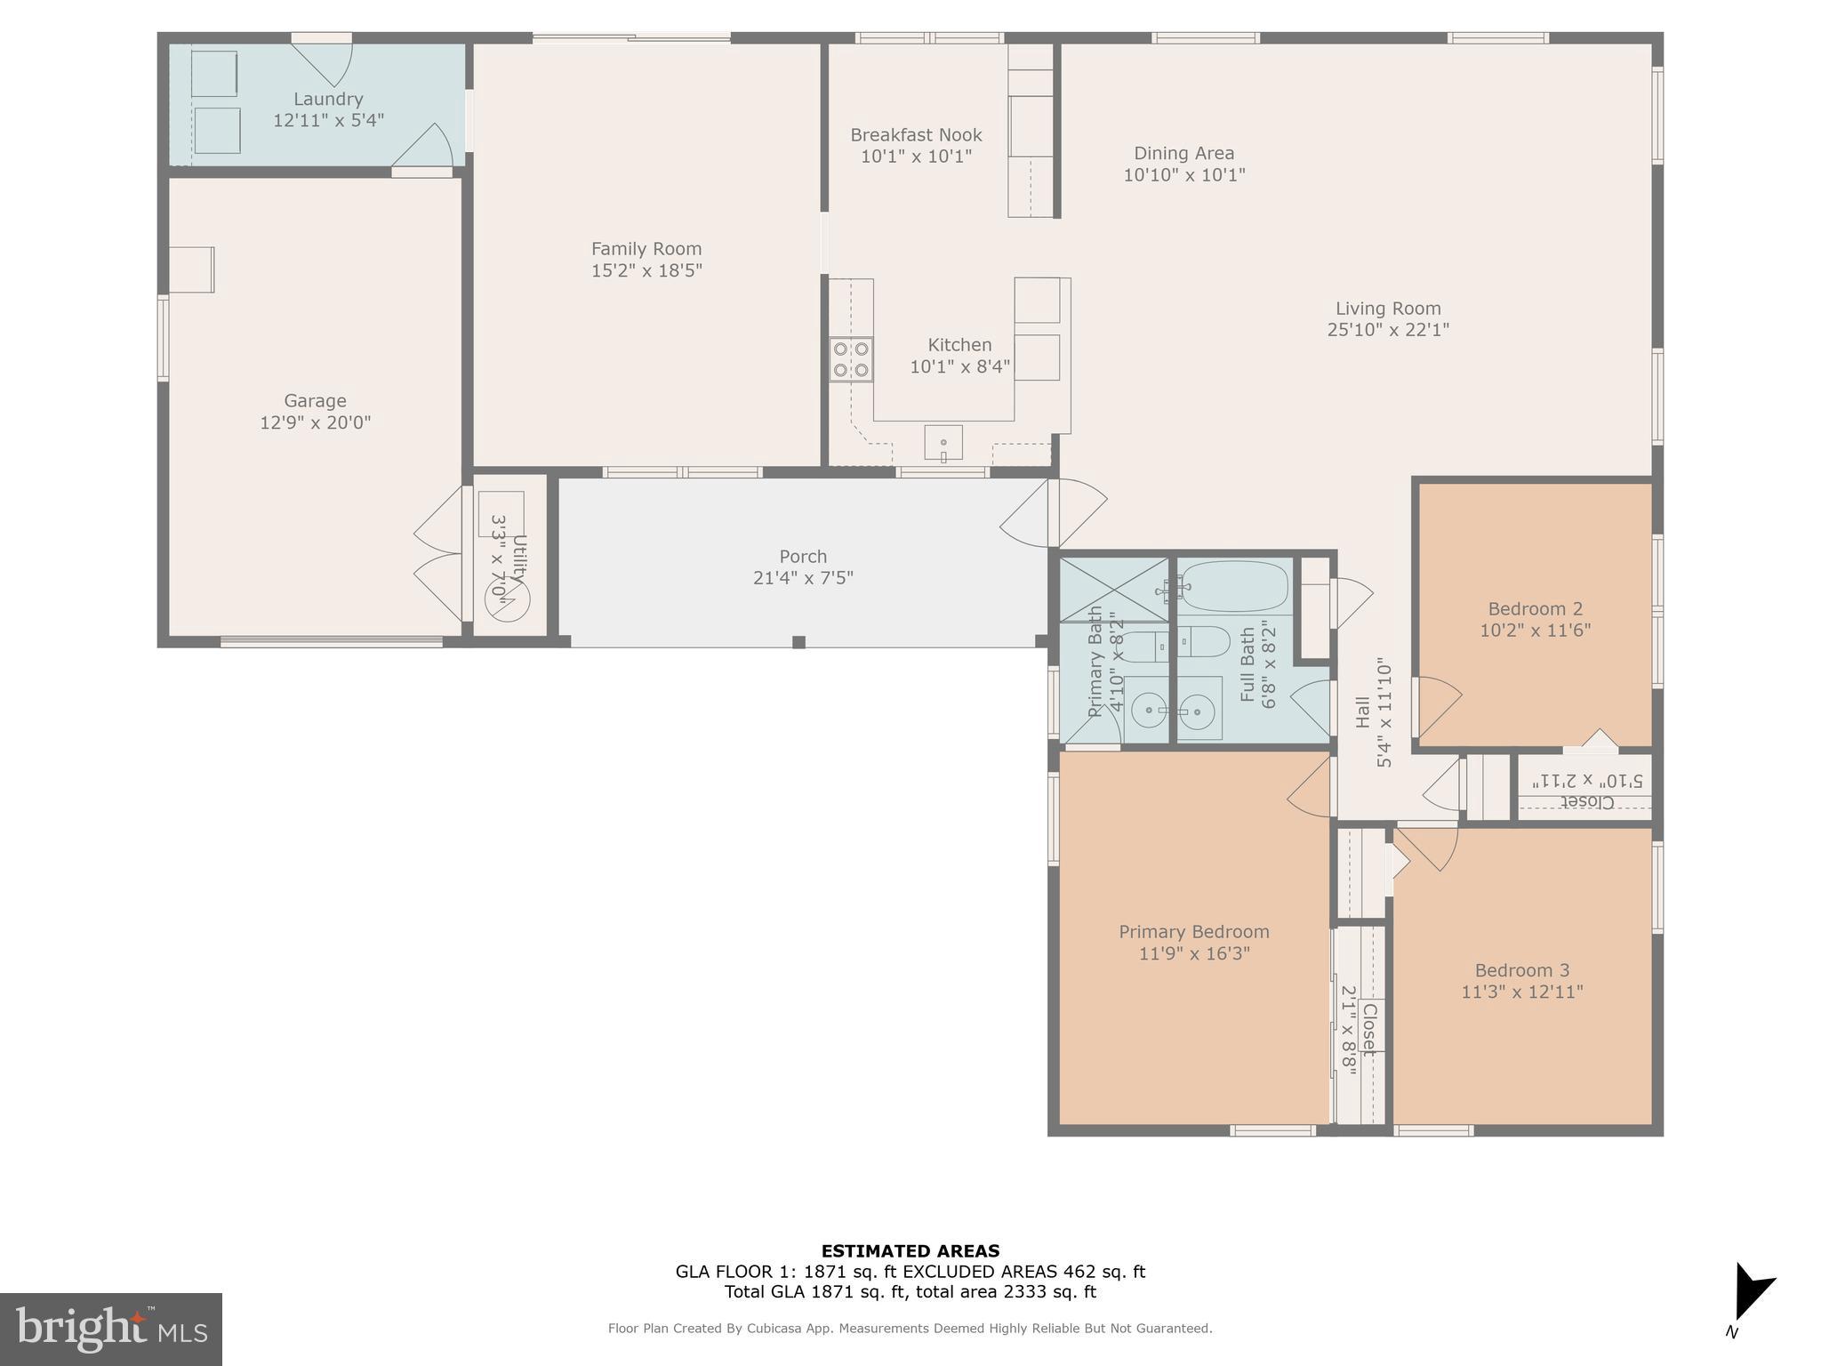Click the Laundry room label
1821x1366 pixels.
(328, 100)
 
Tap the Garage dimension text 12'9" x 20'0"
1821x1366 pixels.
(315, 422)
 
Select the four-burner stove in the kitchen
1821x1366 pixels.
(851, 359)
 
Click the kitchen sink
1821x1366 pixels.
(943, 443)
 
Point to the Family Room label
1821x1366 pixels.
(646, 249)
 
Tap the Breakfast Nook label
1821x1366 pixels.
(916, 135)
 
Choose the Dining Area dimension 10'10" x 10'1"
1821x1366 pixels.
(1183, 175)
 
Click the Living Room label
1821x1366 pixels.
(1388, 309)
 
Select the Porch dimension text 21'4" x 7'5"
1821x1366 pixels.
(803, 578)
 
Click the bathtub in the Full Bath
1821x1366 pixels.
(1234, 586)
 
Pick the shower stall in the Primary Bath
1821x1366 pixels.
(1114, 589)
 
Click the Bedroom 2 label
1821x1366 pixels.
(1535, 609)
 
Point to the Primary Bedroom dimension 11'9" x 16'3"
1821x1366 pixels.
(1193, 953)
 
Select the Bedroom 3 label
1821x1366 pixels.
(1521, 970)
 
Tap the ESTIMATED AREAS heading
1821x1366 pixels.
(910, 1251)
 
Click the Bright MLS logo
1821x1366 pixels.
(111, 1329)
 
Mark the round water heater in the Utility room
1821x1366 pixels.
(507, 599)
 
